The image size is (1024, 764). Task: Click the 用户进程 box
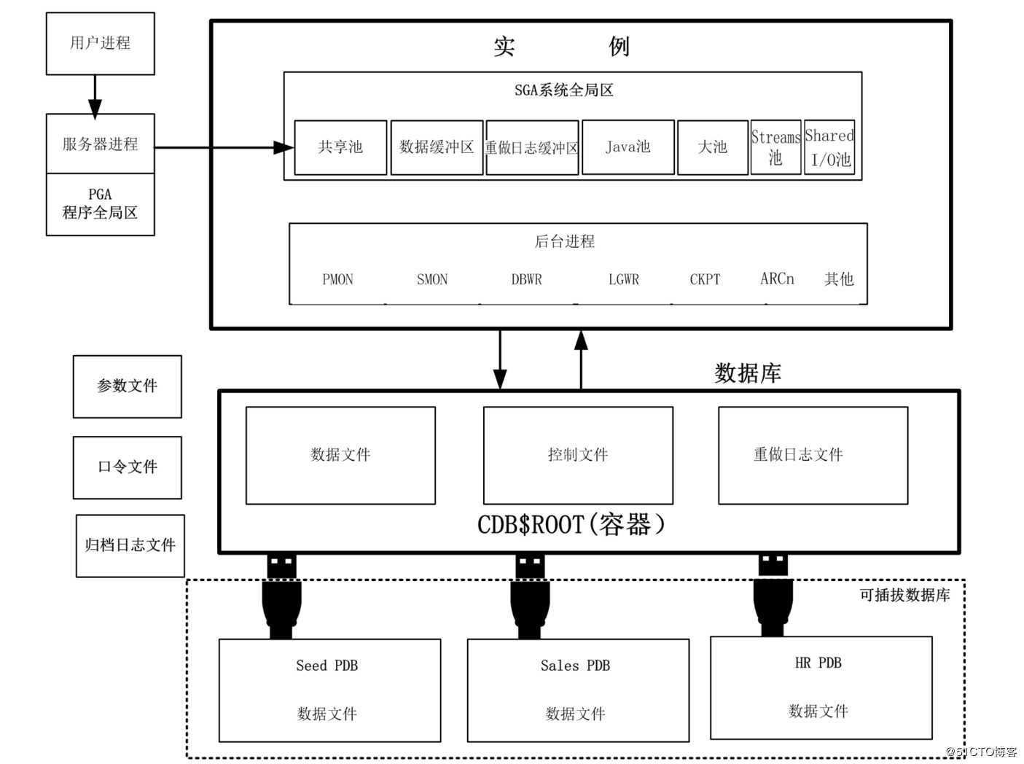click(100, 44)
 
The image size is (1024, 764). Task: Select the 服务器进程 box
click(100, 144)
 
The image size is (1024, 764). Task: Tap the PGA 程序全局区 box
click(100, 204)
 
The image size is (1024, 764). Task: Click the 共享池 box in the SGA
click(340, 147)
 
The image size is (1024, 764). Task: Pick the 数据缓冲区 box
click(437, 147)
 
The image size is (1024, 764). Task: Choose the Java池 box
click(628, 147)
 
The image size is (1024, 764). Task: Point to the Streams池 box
click(775, 147)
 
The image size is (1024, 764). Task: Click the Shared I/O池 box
click(829, 147)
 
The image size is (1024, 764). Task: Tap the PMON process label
click(337, 279)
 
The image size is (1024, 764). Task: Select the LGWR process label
click(624, 279)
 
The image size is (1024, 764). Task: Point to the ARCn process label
click(777, 279)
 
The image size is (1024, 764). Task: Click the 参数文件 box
click(128, 386)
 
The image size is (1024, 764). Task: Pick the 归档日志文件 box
click(130, 545)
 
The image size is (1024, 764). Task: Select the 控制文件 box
click(578, 455)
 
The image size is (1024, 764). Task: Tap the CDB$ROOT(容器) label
click(571, 525)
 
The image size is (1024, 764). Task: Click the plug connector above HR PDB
click(773, 594)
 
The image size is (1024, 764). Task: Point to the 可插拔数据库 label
click(904, 596)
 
